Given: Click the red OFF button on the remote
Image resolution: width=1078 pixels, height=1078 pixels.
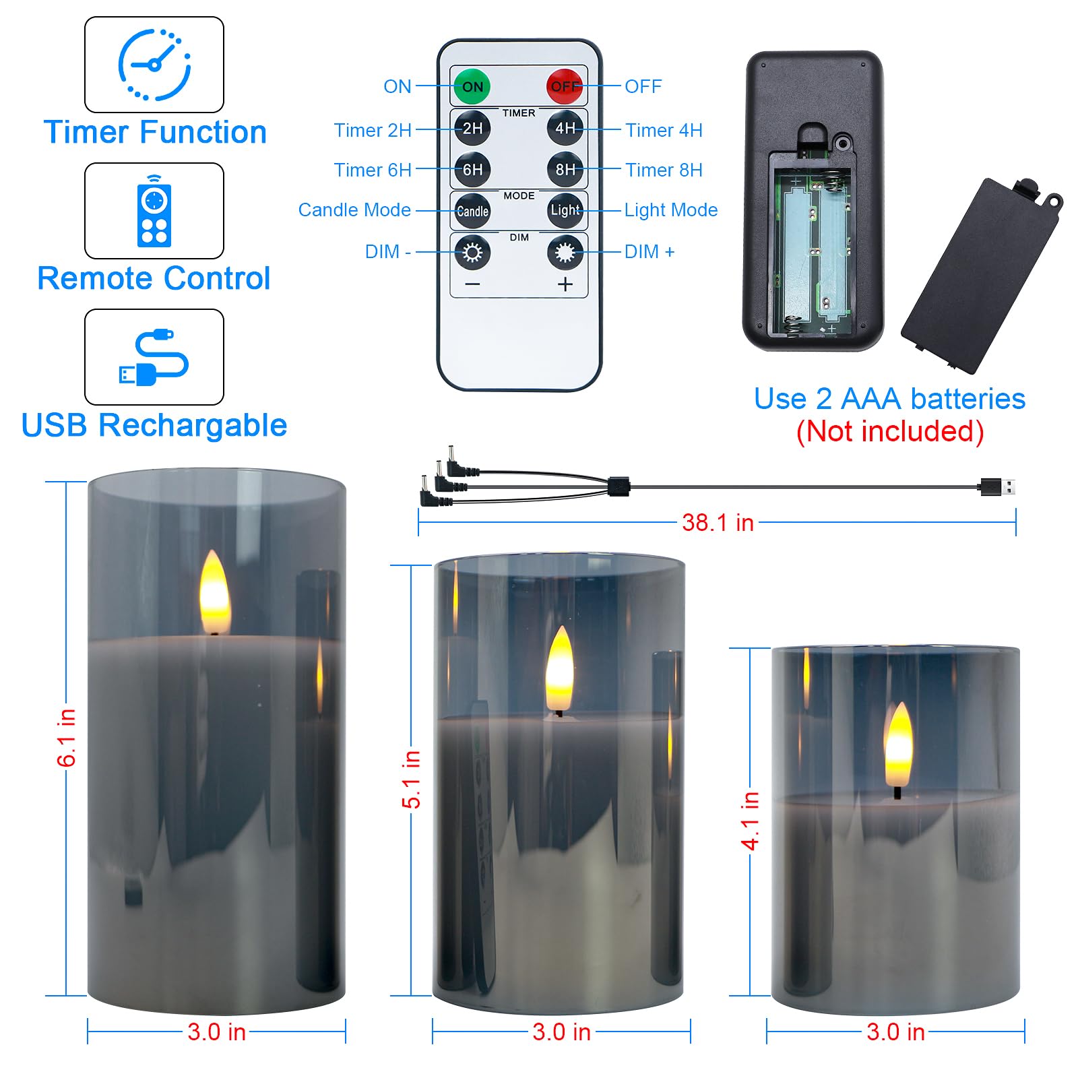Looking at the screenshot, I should pyautogui.click(x=564, y=86).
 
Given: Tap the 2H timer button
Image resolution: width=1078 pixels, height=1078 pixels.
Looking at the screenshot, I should pyautogui.click(x=472, y=128).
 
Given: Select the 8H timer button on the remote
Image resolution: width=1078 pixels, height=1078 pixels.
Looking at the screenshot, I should pyautogui.click(x=565, y=169).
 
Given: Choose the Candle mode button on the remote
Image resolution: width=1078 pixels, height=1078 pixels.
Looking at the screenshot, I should pyautogui.click(x=472, y=211).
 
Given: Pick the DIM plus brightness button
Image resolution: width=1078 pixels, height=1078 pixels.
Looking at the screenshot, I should pyautogui.click(x=565, y=253).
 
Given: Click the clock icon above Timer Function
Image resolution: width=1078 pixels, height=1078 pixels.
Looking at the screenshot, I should pyautogui.click(x=154, y=65).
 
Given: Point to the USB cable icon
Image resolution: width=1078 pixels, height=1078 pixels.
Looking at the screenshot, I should pyautogui.click(x=154, y=358).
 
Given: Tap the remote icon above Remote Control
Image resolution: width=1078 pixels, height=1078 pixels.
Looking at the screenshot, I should pyautogui.click(x=154, y=212).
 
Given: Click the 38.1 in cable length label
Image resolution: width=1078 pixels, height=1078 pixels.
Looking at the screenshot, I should pyautogui.click(x=718, y=522).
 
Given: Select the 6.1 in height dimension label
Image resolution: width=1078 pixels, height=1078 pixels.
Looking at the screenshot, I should pyautogui.click(x=66, y=738).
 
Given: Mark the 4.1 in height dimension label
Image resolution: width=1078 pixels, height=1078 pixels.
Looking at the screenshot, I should pyautogui.click(x=750, y=821).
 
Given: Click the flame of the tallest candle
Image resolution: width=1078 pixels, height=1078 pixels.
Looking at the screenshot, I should pyautogui.click(x=214, y=593).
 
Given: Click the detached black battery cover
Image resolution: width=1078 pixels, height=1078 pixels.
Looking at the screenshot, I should pyautogui.click(x=980, y=276).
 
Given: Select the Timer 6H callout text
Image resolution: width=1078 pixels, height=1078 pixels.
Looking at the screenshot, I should pyautogui.click(x=373, y=170).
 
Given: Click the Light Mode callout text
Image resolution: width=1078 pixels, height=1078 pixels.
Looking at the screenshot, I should pyautogui.click(x=671, y=210).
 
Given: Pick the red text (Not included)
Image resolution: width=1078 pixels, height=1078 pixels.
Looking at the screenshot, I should pyautogui.click(x=889, y=431).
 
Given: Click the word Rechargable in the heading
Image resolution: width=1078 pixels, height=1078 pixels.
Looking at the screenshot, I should pyautogui.click(x=193, y=426).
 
